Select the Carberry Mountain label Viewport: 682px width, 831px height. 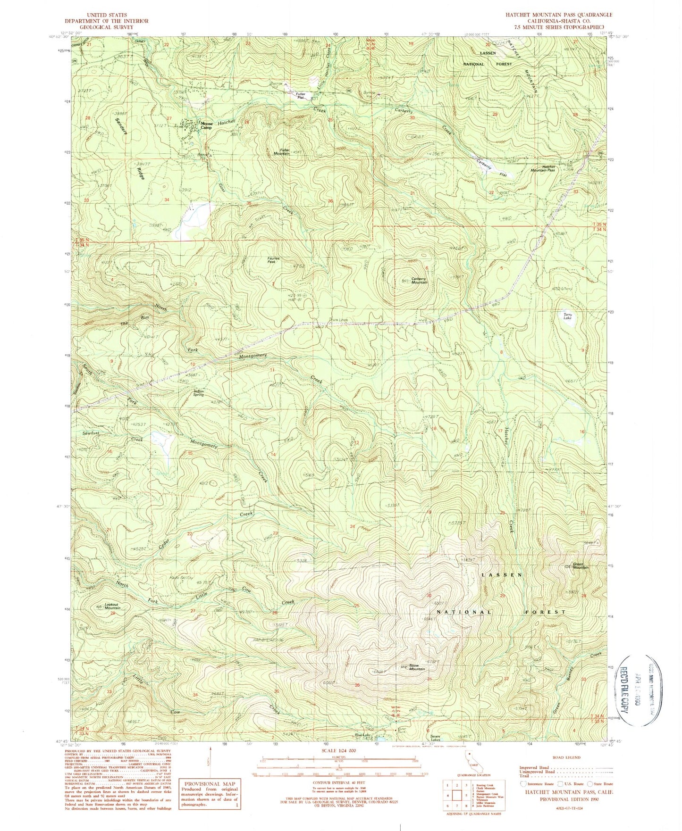pyautogui.click(x=418, y=280)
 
